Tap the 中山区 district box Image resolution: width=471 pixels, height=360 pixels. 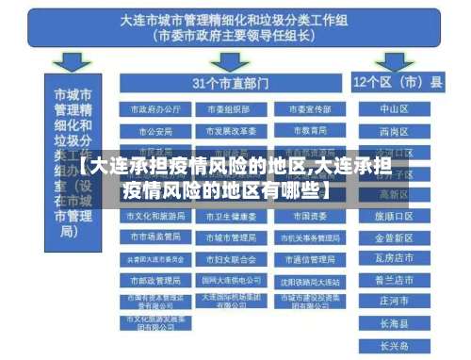point(394,109)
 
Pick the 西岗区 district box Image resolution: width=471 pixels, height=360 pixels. point(394,131)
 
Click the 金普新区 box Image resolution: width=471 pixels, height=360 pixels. point(394,237)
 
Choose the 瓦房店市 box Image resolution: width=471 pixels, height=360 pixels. point(394,258)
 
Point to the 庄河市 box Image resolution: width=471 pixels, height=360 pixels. point(394,301)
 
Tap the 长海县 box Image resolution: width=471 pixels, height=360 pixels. point(394,322)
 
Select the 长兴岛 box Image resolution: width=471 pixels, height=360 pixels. point(394,343)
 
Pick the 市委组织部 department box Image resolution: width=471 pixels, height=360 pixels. point(227,109)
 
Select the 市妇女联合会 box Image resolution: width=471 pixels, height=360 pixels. point(227,258)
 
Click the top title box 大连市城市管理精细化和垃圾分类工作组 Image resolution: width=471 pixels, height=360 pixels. point(235,28)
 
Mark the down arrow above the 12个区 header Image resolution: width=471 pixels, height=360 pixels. point(397,62)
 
